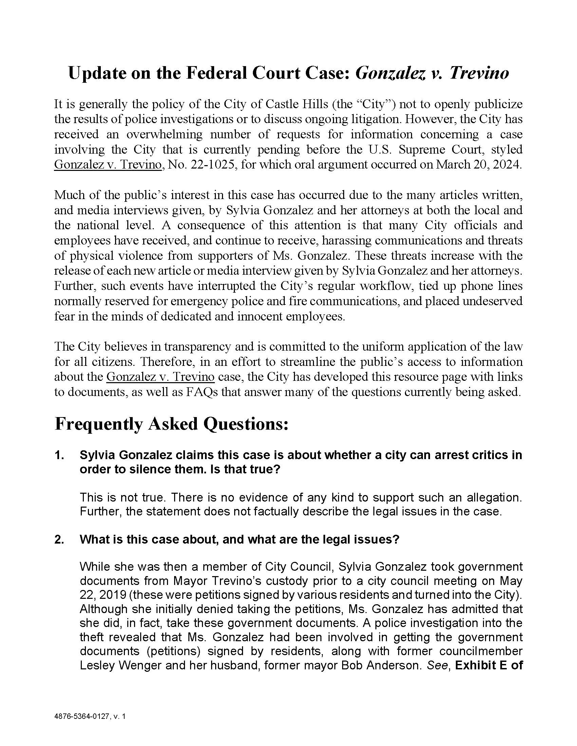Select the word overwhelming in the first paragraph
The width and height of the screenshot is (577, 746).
164,134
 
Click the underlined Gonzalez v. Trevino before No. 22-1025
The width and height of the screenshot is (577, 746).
107,165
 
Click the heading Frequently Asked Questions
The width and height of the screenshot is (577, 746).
171,424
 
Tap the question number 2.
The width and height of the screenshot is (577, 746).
59,540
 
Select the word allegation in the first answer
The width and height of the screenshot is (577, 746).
492,498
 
